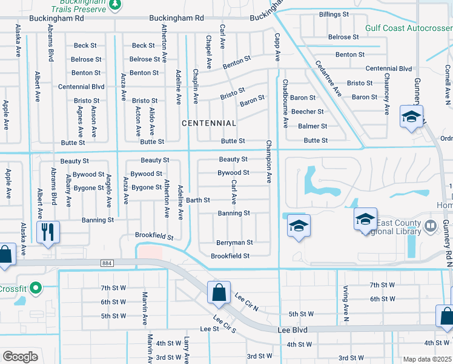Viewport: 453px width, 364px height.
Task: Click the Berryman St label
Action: coord(234,243)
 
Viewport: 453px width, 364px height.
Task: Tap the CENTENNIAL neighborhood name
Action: coord(209,123)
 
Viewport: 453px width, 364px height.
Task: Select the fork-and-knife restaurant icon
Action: coord(48,232)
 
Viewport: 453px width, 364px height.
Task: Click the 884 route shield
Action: coord(108,263)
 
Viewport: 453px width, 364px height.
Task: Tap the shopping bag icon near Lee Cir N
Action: coord(219,293)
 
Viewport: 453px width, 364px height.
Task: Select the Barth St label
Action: coord(197,200)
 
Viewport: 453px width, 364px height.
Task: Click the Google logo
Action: coord(20,357)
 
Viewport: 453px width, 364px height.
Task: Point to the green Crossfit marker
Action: coord(36,288)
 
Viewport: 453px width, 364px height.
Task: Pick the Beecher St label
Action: coord(308,112)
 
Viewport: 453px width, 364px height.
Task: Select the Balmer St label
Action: coord(312,126)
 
